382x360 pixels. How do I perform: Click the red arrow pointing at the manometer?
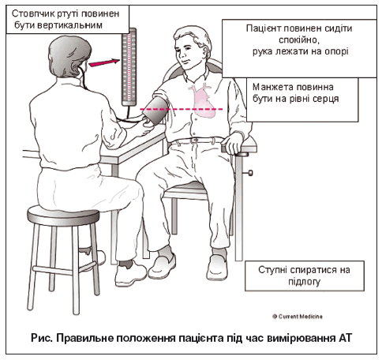point(104,62)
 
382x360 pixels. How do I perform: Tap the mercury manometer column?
point(129,67)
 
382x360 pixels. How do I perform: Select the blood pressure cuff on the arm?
point(155,110)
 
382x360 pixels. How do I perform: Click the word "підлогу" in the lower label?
point(305,283)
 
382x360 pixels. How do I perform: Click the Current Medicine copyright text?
point(298,317)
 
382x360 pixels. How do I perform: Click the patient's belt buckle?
point(194,141)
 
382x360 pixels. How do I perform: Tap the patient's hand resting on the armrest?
point(233,143)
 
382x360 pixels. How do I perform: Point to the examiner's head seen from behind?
point(69,56)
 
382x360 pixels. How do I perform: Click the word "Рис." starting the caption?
point(42,338)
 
